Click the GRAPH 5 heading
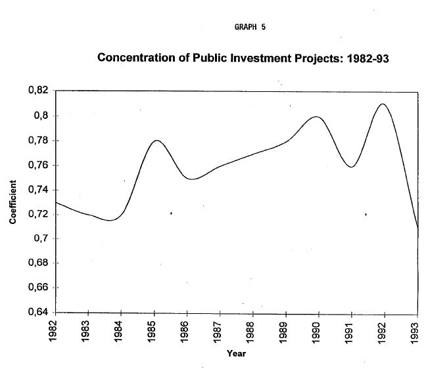click(249, 27)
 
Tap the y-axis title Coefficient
click(12, 202)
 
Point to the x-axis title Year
click(236, 353)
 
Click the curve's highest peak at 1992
click(383, 104)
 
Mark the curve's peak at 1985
click(156, 140)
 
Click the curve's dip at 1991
click(350, 167)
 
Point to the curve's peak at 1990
click(317, 117)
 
